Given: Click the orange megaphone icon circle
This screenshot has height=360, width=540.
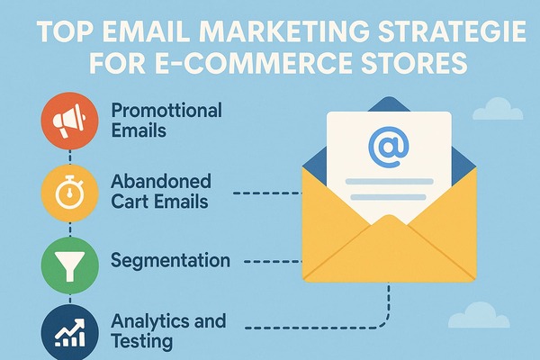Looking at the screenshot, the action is (x=70, y=121).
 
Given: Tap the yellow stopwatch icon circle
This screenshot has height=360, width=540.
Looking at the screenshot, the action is (x=70, y=193).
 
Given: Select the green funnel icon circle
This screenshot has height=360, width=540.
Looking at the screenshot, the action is (x=70, y=265).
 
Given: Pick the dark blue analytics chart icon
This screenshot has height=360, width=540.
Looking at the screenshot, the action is (x=70, y=333).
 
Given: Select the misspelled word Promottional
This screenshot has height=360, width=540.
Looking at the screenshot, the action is (x=166, y=111).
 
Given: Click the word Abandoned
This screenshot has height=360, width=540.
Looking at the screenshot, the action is (x=161, y=181).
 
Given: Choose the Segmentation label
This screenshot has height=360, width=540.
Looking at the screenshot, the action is (x=170, y=261).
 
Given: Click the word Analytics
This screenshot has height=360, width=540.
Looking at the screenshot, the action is (x=150, y=322).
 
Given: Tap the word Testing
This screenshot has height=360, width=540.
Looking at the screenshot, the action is (x=142, y=342).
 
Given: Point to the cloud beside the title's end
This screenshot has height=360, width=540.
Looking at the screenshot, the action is (x=498, y=109).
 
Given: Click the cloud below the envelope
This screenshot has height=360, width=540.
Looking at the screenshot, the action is (x=479, y=315).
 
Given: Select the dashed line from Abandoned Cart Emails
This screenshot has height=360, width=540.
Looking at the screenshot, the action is (x=267, y=193).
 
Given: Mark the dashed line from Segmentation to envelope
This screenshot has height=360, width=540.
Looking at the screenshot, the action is (x=273, y=262).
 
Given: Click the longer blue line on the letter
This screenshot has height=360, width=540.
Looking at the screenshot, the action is (x=389, y=182).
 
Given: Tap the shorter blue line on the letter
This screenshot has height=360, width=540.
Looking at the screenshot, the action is (x=389, y=198).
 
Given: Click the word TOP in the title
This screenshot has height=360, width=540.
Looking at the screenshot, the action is (x=65, y=31).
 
